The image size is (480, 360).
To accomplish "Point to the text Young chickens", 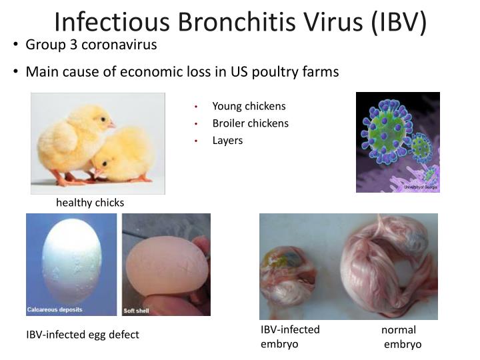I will coord(249,106).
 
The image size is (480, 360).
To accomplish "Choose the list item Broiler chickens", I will coord(250,123).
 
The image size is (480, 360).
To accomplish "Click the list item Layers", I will coord(227,141).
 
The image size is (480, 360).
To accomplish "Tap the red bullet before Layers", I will coord(197,141).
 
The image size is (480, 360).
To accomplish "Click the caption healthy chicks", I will coord(90,203).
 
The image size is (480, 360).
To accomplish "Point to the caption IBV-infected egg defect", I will coord(83,335).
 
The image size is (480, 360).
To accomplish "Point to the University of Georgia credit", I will coord(421,187).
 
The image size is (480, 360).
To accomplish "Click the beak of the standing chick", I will coord(111,125).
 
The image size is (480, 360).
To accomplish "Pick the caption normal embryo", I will coord(400,337).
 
